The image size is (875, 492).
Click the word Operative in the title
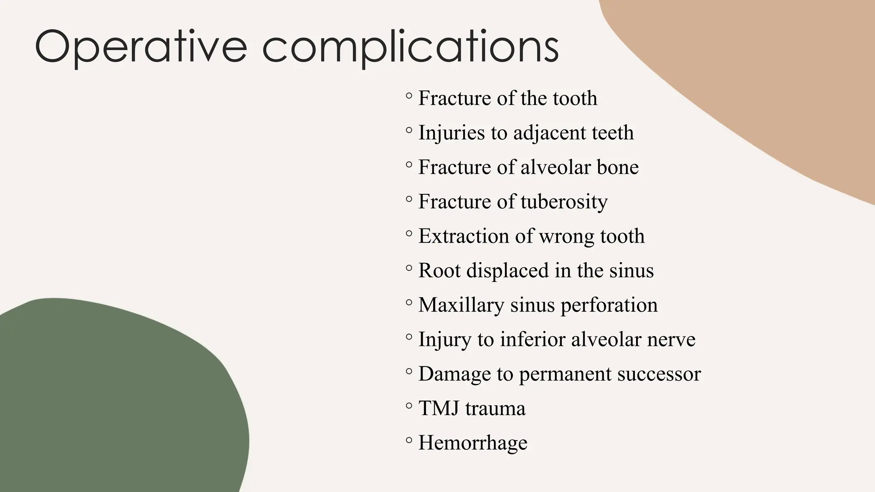[141, 47]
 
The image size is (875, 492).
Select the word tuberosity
[564, 202]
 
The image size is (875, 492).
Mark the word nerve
[671, 340]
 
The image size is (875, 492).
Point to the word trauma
[495, 408]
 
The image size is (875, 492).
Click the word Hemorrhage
[473, 443]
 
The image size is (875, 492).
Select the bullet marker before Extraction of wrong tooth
[409, 233]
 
